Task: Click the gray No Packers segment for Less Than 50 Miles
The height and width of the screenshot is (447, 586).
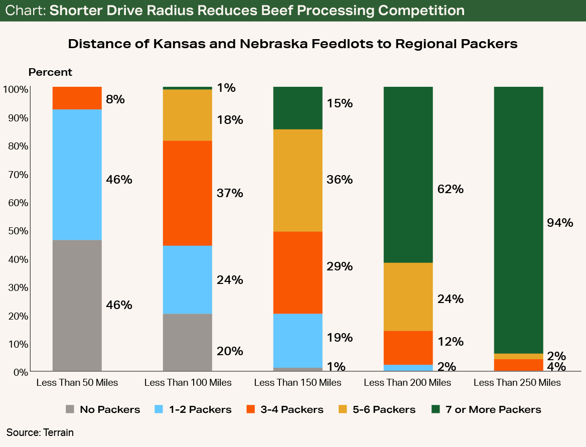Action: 77,306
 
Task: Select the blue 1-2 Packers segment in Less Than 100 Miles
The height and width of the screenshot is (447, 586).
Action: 188,279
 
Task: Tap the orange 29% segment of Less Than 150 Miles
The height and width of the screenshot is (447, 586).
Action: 298,272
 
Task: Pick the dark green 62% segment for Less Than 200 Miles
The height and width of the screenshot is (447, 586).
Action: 408,175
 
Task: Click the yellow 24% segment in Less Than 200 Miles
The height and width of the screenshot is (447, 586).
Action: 408,296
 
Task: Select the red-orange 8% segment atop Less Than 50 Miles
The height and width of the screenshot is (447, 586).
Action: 77,98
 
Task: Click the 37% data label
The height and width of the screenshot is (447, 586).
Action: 230,193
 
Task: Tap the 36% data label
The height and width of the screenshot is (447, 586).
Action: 340,180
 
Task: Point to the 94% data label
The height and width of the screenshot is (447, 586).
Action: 560,223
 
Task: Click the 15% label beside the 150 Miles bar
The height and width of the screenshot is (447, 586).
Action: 340,104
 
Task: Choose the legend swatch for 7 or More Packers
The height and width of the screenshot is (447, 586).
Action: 436,409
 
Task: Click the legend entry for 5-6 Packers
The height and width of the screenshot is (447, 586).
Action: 384,409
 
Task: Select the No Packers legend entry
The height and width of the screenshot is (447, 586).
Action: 110,409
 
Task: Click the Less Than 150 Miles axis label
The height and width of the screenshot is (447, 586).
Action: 298,383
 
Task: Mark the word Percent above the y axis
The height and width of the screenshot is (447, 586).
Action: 50,72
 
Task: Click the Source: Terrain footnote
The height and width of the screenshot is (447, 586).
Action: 40,432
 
